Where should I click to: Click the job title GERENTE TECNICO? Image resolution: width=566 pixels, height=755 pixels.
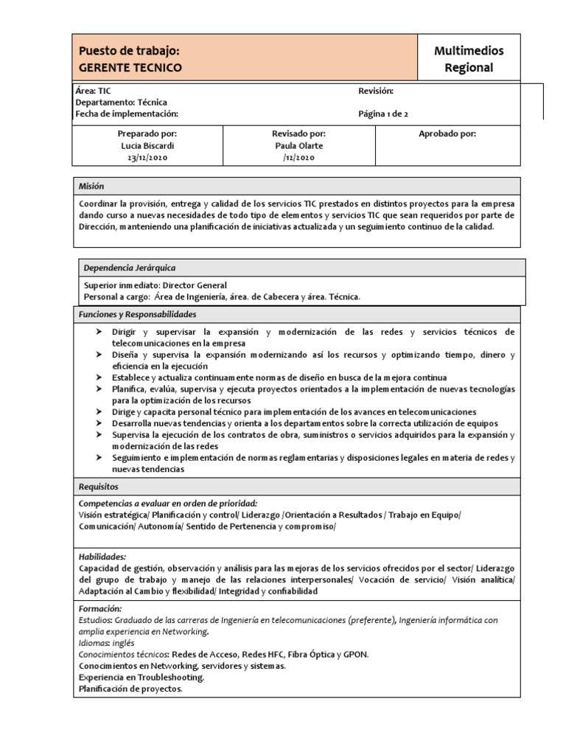(130, 68)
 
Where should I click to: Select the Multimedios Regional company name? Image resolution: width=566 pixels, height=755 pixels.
(469, 59)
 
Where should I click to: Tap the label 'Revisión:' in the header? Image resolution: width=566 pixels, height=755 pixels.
(376, 91)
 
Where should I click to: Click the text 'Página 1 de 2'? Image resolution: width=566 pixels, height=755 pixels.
(382, 114)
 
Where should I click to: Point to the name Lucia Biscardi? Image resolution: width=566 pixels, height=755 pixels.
(147, 146)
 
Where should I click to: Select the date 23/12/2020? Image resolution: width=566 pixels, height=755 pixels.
(147, 158)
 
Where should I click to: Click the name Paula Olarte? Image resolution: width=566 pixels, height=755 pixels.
(298, 146)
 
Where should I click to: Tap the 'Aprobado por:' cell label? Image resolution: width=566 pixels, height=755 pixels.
(447, 134)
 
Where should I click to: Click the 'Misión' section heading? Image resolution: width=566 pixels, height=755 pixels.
(92, 187)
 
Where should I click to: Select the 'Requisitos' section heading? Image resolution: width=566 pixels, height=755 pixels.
(99, 487)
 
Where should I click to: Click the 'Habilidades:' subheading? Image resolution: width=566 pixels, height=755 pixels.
(102, 557)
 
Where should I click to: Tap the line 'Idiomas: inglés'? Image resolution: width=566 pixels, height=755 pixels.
(106, 643)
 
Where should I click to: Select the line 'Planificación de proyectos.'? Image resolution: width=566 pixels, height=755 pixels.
(130, 689)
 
